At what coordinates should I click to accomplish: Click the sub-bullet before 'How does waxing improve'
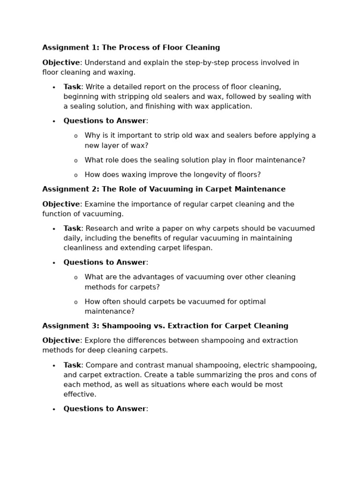(75, 175)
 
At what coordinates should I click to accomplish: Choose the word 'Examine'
(99, 204)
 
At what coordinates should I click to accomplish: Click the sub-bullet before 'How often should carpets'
(75, 302)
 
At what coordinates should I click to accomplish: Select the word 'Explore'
(97, 341)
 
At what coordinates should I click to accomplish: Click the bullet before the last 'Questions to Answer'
(54, 409)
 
